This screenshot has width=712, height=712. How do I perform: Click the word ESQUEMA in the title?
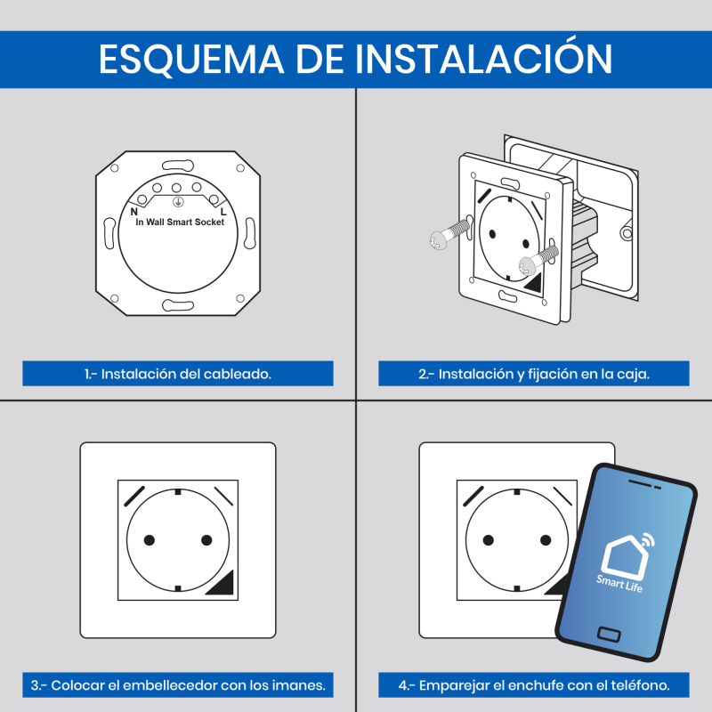191,59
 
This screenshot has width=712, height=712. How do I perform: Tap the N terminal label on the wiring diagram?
134,212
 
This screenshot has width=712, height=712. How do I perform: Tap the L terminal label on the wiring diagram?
223,212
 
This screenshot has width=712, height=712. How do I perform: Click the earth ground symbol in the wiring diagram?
178,202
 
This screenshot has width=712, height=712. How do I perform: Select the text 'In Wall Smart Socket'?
180,222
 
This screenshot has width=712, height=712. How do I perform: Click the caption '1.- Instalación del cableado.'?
177,374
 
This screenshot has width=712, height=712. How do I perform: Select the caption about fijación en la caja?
534,374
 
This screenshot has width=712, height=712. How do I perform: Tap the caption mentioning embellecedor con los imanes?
178,685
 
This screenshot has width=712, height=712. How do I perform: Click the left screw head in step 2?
438,239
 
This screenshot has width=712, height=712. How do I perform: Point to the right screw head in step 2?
528,265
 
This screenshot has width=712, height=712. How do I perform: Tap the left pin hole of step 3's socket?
150,540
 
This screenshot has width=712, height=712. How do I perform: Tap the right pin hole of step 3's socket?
206,540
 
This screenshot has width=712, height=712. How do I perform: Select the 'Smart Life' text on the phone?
619,584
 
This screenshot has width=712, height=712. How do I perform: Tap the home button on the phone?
609,634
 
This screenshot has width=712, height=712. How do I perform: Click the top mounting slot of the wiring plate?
178,166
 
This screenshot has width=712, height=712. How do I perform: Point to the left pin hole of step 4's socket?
488,540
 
